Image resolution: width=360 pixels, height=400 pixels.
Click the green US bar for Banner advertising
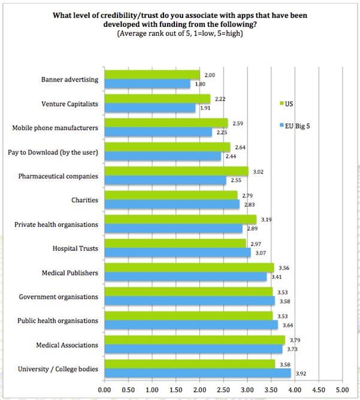[x=152, y=75]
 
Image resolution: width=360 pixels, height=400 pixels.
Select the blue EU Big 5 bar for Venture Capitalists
[x=150, y=108]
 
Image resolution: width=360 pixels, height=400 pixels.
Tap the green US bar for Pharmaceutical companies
[x=176, y=171]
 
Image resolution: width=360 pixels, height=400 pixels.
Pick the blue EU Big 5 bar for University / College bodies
[x=198, y=373]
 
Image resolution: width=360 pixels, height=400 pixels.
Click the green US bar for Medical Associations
[x=195, y=340]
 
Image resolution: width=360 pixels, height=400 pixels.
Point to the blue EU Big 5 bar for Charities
[x=172, y=205]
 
